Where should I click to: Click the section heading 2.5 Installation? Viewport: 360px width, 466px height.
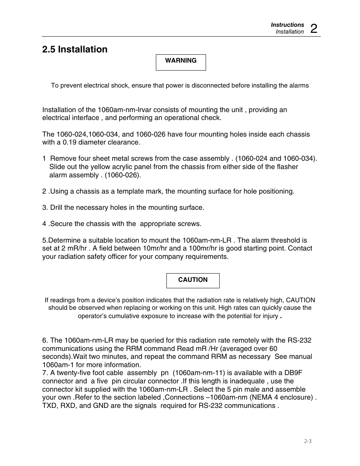[x=75, y=49]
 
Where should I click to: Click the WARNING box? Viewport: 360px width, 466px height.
[x=181, y=62]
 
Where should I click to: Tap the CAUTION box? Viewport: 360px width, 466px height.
[x=193, y=280]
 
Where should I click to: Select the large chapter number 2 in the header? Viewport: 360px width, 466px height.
[x=314, y=28]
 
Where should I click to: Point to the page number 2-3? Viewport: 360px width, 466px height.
[x=308, y=441]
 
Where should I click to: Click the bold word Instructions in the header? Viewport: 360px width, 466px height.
[x=287, y=25]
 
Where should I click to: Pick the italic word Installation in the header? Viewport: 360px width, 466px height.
[x=289, y=32]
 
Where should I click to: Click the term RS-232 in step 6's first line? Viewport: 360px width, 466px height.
[x=300, y=340]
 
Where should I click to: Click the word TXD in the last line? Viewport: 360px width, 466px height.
[x=49, y=406]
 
